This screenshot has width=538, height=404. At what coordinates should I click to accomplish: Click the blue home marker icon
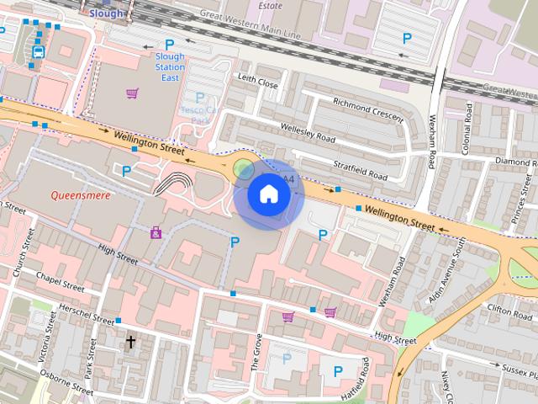click(x=268, y=194)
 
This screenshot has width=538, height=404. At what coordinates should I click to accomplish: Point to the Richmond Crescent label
click(x=367, y=109)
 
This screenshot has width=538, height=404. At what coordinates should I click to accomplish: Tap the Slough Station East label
click(x=170, y=67)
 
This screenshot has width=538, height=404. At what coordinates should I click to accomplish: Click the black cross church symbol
click(x=130, y=342)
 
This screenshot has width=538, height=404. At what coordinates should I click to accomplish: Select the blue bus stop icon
click(x=37, y=52)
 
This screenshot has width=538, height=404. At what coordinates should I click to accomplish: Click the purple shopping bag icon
click(x=156, y=232)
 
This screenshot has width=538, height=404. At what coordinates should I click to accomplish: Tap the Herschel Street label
click(x=82, y=316)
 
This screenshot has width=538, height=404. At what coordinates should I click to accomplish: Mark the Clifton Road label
click(x=510, y=309)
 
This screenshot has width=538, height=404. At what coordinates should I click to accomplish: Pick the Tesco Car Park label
click(x=198, y=109)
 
